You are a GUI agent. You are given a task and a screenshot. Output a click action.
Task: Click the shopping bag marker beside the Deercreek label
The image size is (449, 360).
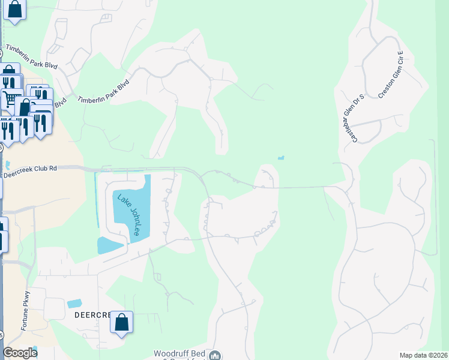coord(121,323)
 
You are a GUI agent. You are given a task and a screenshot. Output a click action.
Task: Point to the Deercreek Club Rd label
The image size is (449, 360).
coord(30,169)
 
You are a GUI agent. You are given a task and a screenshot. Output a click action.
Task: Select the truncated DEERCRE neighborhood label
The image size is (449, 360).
coord(92,315)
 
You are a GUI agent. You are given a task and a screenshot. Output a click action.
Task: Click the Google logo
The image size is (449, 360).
coord(20,353)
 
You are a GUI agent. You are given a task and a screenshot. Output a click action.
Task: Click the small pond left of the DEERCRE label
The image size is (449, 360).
coord(74,304)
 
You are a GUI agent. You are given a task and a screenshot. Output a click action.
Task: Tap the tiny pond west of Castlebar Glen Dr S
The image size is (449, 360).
coord(281,158)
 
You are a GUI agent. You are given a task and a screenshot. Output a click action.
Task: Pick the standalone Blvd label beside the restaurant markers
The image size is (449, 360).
coord(60,104)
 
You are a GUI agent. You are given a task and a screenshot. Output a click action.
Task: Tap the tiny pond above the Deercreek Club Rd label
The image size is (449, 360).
coord(8,164)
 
